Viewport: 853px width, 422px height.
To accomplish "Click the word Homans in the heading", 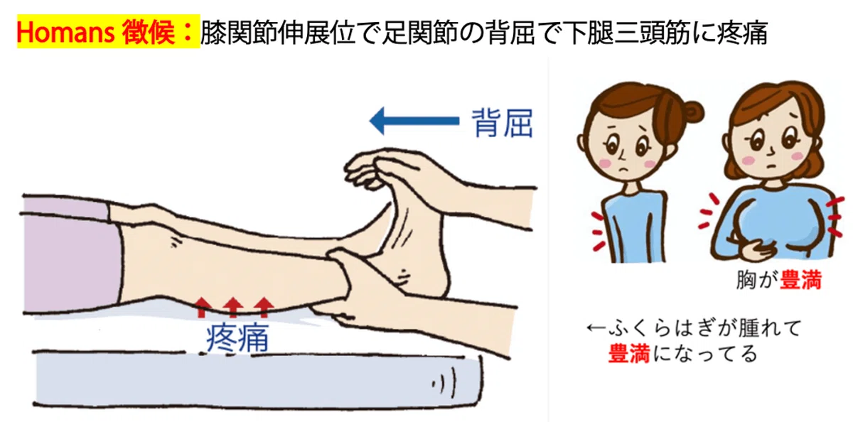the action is (65, 33).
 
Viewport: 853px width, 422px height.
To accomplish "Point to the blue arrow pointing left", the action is (414, 121).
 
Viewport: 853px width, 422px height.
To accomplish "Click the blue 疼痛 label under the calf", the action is (237, 338).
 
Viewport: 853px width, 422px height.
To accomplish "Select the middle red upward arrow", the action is (233, 308).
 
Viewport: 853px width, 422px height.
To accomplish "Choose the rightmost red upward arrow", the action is (264, 308).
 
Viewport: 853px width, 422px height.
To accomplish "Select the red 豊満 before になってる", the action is (628, 353).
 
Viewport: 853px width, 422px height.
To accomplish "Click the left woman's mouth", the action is (623, 169).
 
